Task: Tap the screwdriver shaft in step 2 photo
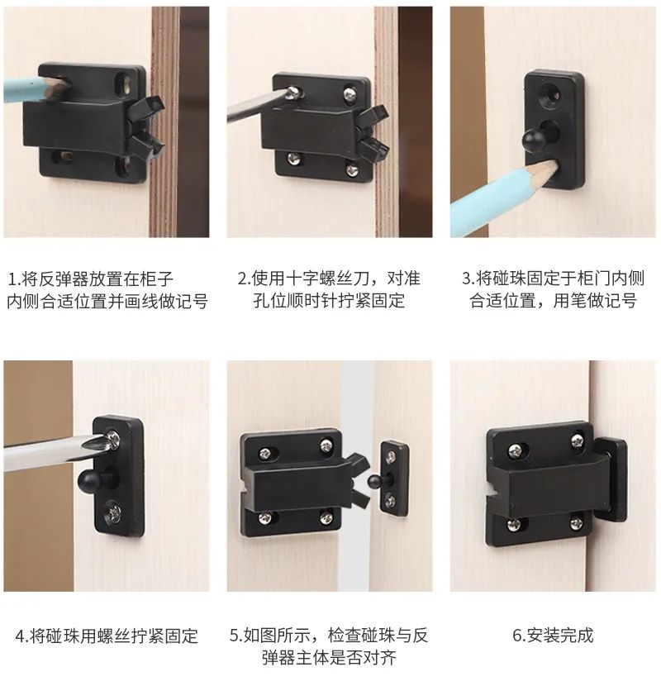tap(257, 106)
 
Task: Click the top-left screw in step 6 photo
tap(516, 450)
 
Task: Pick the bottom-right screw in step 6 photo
tap(577, 522)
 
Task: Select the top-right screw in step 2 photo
tap(350, 93)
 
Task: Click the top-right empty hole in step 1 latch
tap(124, 83)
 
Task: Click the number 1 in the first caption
tap(11, 279)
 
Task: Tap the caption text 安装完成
tap(559, 636)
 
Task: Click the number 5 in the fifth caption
tap(234, 636)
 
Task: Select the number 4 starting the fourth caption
tap(20, 636)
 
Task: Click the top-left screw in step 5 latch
tap(264, 454)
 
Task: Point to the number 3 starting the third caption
tap(467, 279)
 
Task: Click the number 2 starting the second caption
tap(242, 279)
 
